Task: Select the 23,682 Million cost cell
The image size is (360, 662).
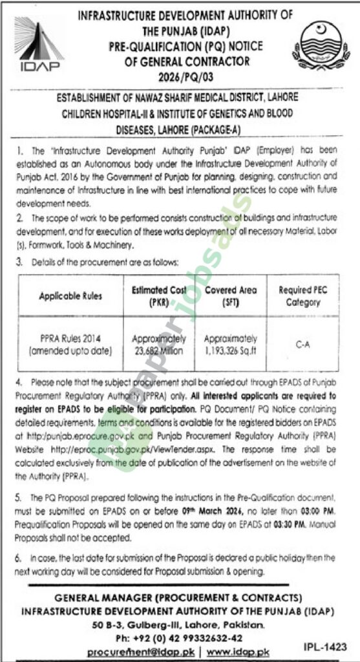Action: coord(158,345)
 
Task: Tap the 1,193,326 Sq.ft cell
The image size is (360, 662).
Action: coord(231,345)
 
